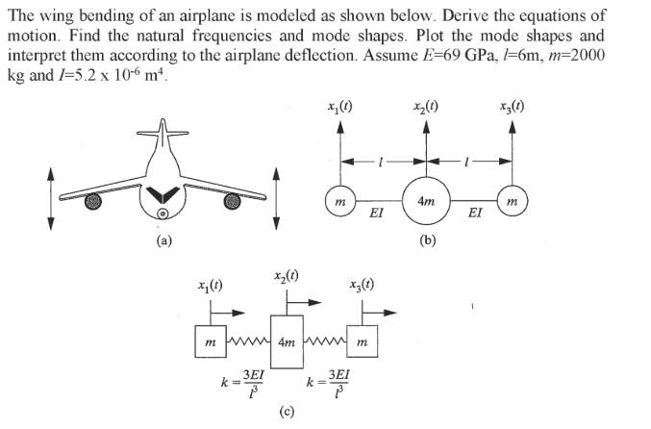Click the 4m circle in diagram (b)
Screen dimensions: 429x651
[425, 199]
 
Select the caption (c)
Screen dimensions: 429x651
[286, 414]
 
